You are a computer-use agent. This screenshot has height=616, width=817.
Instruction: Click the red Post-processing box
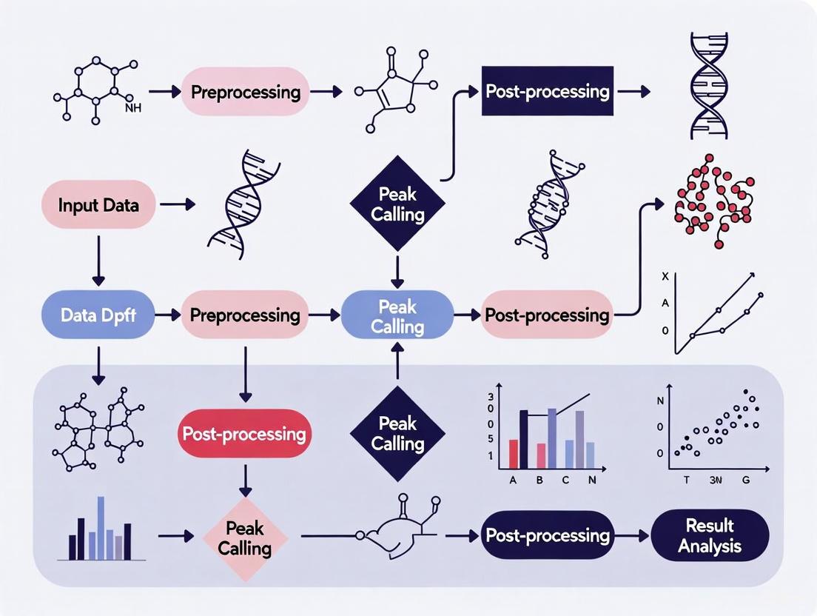[x=244, y=433]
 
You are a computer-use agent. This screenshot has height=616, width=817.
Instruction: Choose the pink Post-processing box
[x=547, y=315]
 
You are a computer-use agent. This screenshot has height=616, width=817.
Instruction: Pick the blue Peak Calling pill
[x=397, y=316]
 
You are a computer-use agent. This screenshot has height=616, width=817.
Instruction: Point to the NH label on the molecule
[x=133, y=108]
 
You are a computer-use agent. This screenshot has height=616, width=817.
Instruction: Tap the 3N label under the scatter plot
[x=715, y=479]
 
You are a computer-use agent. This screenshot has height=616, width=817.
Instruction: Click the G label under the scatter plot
[x=745, y=479]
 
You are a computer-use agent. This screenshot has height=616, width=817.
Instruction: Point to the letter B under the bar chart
[x=540, y=480]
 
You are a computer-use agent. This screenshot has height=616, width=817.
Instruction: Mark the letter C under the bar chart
[x=566, y=480]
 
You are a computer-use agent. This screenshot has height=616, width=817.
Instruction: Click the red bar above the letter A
[x=513, y=453]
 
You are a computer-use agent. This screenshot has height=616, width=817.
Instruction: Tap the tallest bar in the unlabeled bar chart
[x=101, y=527]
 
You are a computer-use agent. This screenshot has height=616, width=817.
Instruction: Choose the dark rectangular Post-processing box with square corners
[x=548, y=91]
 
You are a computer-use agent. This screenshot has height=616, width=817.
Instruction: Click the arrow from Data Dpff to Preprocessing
[x=169, y=315]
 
